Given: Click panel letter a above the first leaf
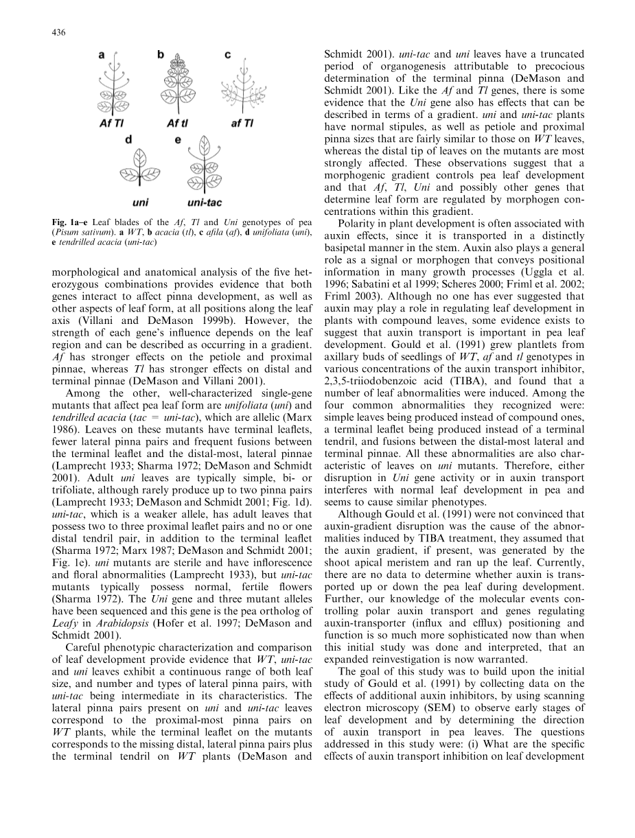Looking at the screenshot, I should (x=102, y=54).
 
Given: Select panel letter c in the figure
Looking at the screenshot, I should (x=227, y=54).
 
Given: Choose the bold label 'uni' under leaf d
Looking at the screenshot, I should (x=140, y=203).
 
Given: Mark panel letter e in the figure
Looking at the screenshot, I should (x=178, y=139).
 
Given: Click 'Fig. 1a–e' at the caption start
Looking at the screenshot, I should (x=72, y=223).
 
